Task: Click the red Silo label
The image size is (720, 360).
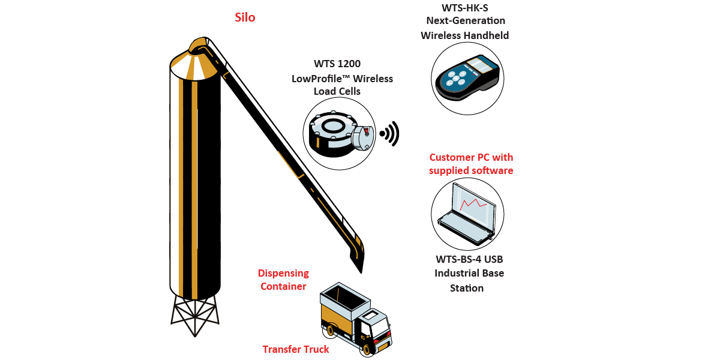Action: [x=245, y=17]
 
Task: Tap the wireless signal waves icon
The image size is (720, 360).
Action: [x=391, y=134]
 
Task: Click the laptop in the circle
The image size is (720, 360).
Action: [x=467, y=214]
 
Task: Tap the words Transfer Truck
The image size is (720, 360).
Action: [x=296, y=349]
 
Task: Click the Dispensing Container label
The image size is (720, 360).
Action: [x=283, y=280]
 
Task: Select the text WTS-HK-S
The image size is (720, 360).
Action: [x=464, y=8]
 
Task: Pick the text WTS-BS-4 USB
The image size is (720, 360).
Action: [x=469, y=259]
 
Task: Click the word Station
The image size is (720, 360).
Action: [x=467, y=288]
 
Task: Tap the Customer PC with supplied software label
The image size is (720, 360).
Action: [x=471, y=164]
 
